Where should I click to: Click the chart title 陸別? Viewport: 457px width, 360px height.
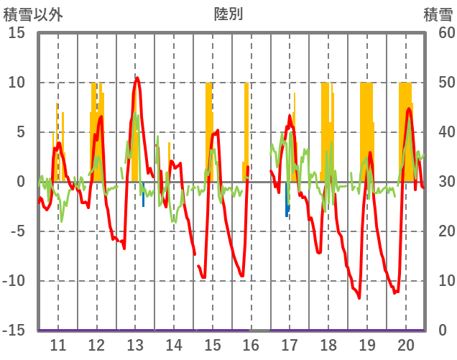click(228, 14)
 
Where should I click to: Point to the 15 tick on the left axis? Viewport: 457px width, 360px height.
click(17, 33)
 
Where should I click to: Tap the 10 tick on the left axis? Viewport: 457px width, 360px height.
click(17, 83)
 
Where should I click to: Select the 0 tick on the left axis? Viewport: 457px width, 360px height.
click(21, 182)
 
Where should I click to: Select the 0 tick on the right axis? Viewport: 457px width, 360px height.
click(442, 331)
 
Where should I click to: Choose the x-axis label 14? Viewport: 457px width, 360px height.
click(174, 344)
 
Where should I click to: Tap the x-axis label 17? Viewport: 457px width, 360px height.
click(290, 344)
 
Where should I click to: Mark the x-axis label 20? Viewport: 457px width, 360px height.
click(406, 344)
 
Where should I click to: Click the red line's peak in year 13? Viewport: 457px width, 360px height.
click(137, 78)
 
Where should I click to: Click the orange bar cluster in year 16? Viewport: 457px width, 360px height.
click(246, 129)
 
